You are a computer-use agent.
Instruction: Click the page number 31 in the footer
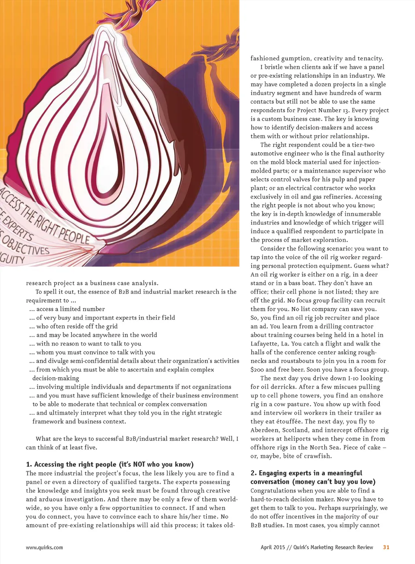pyautogui.click(x=386, y=547)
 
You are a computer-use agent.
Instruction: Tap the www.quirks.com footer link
pyautogui.click(x=44, y=547)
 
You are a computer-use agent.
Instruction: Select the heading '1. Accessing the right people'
pyautogui.click(x=109, y=464)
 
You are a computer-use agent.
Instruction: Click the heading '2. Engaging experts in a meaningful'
pyautogui.click(x=306, y=473)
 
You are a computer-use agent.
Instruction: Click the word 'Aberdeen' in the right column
pyautogui.click(x=264, y=430)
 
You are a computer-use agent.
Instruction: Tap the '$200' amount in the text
pyautogui.click(x=257, y=370)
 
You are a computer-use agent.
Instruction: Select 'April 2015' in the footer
pyautogui.click(x=273, y=547)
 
